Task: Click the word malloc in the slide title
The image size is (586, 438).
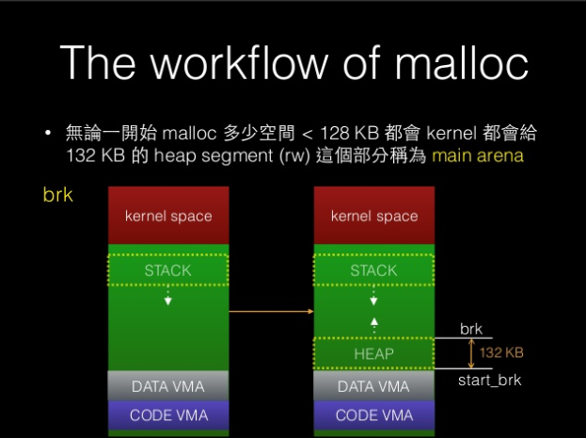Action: (x=462, y=62)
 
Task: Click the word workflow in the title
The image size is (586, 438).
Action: (x=239, y=62)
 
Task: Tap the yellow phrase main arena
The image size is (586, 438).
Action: (x=478, y=155)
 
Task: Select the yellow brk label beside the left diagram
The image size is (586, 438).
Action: (x=58, y=195)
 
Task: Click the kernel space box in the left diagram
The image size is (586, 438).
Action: (x=168, y=216)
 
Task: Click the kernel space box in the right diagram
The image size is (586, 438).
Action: (x=374, y=216)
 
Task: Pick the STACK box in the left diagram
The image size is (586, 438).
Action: (x=167, y=270)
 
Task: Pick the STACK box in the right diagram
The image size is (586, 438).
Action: (x=373, y=270)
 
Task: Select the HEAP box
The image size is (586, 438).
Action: (x=373, y=353)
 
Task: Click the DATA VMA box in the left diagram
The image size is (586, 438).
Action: (x=168, y=386)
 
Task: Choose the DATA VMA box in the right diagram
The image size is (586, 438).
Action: (x=373, y=386)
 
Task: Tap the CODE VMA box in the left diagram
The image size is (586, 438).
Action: (x=168, y=415)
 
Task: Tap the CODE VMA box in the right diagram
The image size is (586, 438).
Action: (x=374, y=415)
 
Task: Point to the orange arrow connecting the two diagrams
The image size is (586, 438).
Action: (x=271, y=311)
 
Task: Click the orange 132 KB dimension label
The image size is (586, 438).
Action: (x=501, y=352)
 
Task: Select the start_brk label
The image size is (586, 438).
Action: (x=489, y=381)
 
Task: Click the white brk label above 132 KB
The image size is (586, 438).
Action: (x=471, y=329)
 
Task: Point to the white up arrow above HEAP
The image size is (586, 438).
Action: (x=373, y=325)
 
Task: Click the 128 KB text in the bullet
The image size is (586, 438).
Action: (x=350, y=133)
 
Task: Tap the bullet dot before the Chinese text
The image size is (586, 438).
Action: (x=47, y=133)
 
